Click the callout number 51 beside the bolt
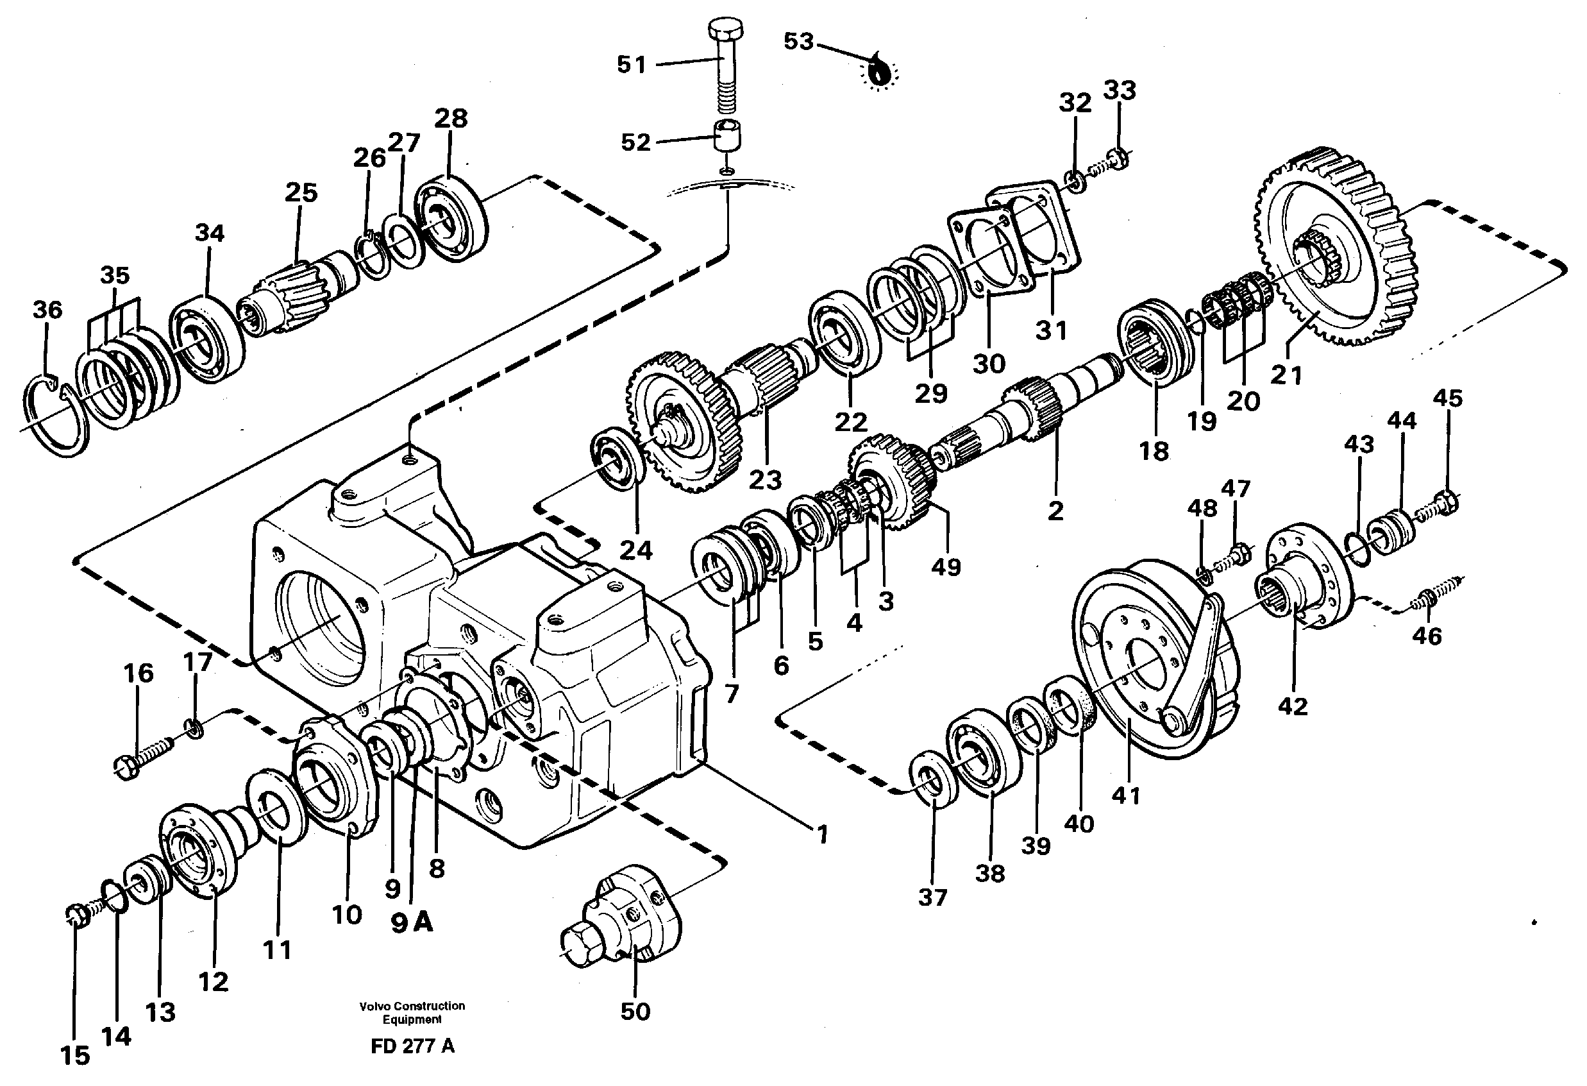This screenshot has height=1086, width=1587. click(x=631, y=65)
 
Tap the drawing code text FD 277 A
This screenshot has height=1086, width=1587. click(x=412, y=1046)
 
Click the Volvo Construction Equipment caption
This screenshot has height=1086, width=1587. click(x=412, y=1012)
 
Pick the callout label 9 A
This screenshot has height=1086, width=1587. click(x=412, y=924)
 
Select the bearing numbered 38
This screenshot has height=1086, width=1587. click(x=984, y=751)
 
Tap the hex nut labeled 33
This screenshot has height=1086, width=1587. click(x=1118, y=158)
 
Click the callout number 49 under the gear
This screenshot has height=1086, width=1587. click(x=946, y=566)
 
